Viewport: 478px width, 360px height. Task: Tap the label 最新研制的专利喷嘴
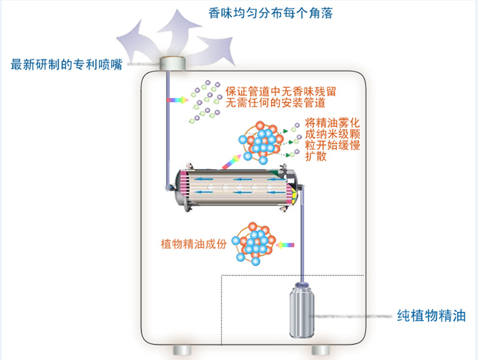tap(66, 64)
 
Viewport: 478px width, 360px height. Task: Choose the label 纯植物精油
tap(431, 316)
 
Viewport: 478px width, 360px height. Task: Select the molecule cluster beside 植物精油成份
tap(255, 243)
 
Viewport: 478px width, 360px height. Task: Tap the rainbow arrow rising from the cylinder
tap(232, 160)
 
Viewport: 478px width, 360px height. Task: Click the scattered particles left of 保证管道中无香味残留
tap(201, 100)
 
